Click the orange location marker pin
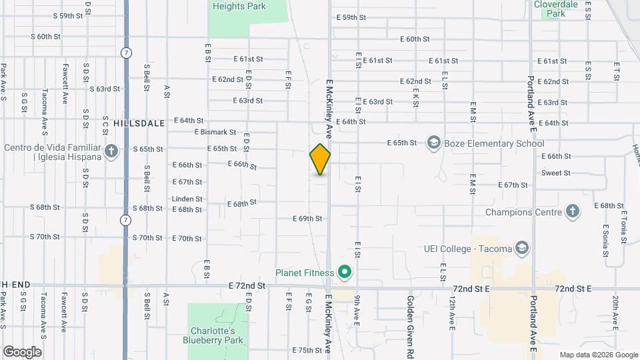point(320,159)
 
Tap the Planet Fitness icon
point(345,271)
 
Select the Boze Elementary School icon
point(434,143)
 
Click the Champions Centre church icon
point(572,213)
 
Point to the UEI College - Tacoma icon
point(522,249)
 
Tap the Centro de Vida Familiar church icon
point(111,151)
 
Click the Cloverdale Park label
point(556,8)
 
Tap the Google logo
point(22,351)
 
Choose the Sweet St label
point(555,173)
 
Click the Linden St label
point(187,199)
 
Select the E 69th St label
point(307,218)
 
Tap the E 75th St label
point(307,350)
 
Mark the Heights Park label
point(239,7)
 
